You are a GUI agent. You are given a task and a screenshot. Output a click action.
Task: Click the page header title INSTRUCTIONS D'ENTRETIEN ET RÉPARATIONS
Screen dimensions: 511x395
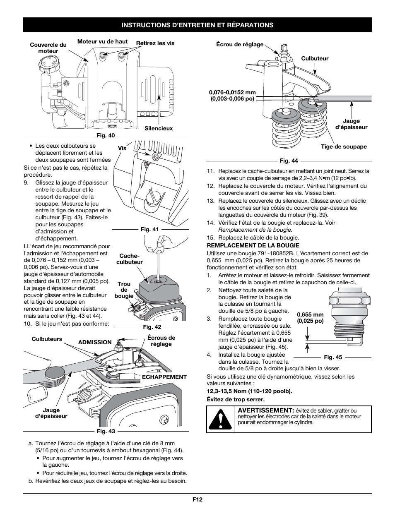coord(197,25)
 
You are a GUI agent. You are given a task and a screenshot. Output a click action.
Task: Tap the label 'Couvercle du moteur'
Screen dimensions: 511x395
coord(48,48)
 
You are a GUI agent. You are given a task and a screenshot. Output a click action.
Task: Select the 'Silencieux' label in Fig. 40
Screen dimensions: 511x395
coord(159,128)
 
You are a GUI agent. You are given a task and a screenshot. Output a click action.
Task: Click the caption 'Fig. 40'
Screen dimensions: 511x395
coord(106,135)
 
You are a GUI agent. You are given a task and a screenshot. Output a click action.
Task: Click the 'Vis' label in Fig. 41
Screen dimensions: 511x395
coord(122,149)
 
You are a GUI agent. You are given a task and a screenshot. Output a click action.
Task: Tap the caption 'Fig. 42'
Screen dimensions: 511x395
coord(152,327)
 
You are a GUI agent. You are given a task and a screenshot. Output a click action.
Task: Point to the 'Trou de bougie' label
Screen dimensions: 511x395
coord(124,290)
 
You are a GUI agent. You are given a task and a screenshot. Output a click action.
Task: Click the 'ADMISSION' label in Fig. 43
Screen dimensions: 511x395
coord(95,342)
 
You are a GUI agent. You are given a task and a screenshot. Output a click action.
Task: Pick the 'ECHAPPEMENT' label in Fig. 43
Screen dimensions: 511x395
coord(164,377)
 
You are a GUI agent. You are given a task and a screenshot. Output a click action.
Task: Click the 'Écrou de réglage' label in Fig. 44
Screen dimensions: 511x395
coord(240,44)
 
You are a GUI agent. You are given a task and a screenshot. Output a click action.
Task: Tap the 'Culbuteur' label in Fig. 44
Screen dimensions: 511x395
coord(315,58)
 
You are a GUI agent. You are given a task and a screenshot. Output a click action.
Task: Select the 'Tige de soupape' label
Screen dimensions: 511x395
coord(344,146)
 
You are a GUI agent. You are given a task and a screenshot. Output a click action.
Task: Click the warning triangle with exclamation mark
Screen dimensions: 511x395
coord(220,419)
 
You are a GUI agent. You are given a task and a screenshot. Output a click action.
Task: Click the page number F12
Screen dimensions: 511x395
coord(197,499)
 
